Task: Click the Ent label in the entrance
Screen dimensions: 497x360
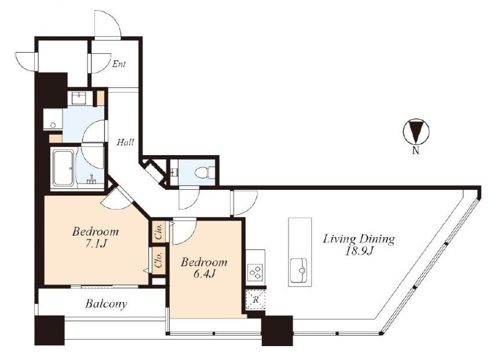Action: click(119, 64)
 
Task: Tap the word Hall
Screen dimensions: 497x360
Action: click(125, 142)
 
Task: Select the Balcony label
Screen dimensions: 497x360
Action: click(106, 304)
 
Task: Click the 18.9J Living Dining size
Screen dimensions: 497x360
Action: click(359, 251)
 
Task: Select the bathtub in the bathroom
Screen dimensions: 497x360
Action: click(63, 168)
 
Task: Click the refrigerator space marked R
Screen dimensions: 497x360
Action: click(256, 299)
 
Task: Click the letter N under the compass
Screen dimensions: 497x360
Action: click(416, 150)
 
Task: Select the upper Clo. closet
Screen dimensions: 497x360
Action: click(159, 232)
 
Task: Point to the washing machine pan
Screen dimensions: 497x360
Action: click(53, 119)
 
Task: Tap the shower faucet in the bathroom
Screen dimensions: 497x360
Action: click(91, 179)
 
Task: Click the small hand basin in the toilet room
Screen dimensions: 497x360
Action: click(173, 172)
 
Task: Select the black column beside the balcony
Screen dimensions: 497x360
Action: click(49, 330)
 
